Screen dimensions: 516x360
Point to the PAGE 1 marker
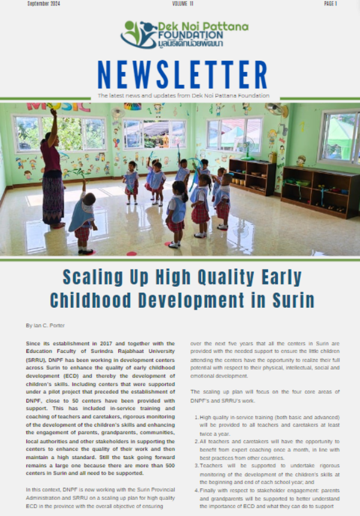(331, 4)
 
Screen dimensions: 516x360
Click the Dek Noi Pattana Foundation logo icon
(139, 35)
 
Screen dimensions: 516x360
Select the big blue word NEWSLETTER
(182, 75)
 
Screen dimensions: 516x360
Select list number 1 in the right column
(197, 417)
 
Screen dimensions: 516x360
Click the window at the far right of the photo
(340, 137)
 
